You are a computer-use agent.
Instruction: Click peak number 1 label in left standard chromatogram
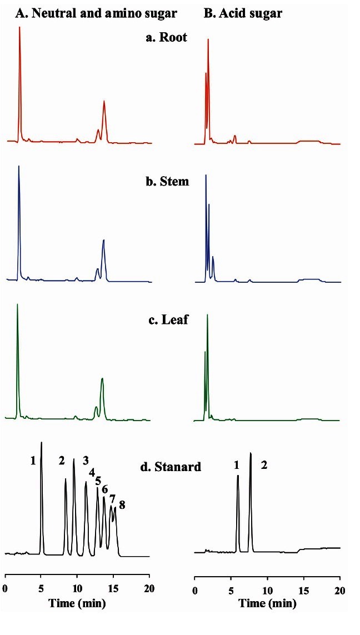pyautogui.click(x=33, y=460)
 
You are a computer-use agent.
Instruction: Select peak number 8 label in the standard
pyautogui.click(x=122, y=504)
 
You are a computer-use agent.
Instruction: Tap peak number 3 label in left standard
pyautogui.click(x=86, y=460)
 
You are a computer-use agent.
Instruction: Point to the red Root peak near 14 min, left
pyautogui.click(x=104, y=103)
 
